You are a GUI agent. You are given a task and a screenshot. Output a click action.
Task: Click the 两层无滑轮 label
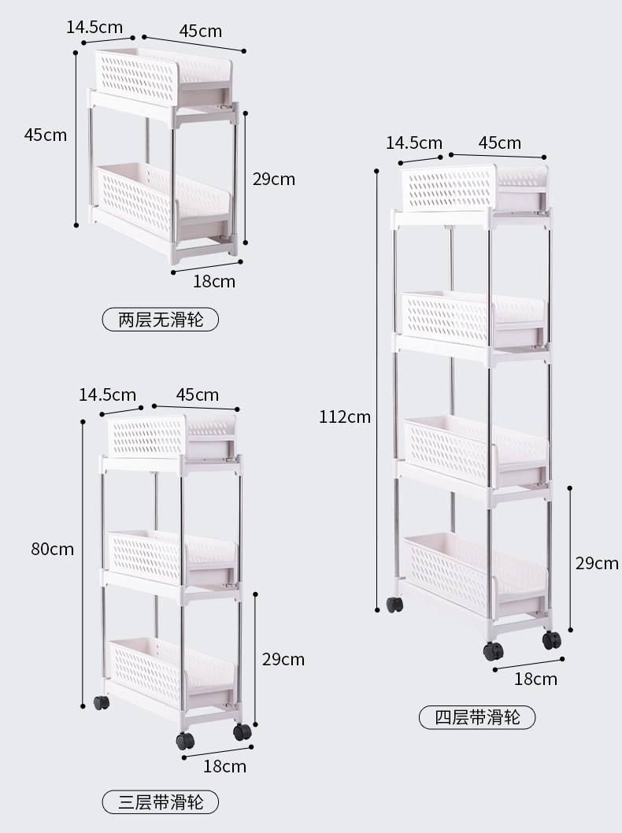click(x=160, y=320)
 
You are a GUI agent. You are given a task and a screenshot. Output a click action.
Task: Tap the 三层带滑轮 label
click(x=160, y=802)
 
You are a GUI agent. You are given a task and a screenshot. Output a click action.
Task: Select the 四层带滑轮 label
click(x=478, y=717)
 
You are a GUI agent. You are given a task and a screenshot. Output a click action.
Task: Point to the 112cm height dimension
click(x=344, y=416)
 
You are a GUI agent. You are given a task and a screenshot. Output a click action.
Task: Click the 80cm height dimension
click(x=52, y=549)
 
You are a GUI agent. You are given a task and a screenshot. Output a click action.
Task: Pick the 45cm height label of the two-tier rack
click(x=46, y=135)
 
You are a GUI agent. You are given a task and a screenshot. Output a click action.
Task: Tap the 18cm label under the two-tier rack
click(x=214, y=281)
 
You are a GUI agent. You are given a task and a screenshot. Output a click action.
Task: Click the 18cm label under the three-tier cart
click(x=225, y=766)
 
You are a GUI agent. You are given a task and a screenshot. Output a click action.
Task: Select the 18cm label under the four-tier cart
click(x=535, y=679)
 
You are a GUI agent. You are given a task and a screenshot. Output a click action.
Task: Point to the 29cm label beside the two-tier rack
click(x=273, y=179)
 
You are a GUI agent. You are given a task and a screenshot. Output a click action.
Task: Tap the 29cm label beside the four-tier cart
click(x=596, y=563)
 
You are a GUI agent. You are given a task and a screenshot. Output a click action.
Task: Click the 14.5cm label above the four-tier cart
click(x=414, y=143)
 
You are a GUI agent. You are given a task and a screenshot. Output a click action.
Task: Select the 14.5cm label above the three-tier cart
click(x=107, y=394)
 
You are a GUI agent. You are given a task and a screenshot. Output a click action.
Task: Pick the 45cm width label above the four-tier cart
click(x=500, y=143)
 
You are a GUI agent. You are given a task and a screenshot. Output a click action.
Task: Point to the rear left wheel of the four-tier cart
click(x=394, y=605)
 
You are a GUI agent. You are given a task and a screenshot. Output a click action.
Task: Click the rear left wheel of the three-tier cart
click(x=101, y=702)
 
